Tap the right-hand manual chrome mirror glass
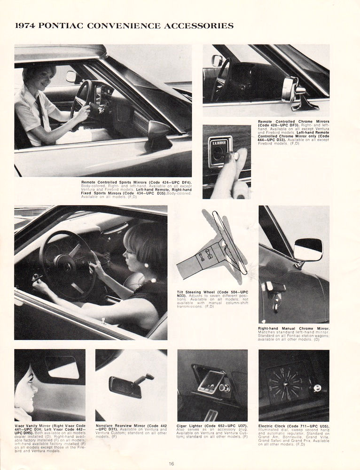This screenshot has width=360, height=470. (x=308, y=248)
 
